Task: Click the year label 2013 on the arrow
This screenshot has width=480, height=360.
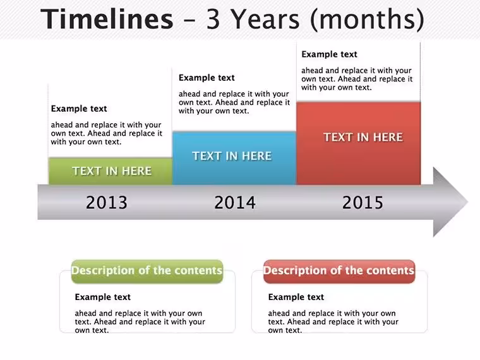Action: [x=107, y=202]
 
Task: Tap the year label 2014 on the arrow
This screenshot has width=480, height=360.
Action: [x=235, y=202]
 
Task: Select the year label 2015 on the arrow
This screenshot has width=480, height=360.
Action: [x=363, y=202]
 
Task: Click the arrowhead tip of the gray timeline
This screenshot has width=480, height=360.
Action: [x=468, y=202]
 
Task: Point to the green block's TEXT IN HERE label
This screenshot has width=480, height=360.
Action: [x=112, y=171]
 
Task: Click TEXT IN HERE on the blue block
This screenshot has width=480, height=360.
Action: [x=232, y=156]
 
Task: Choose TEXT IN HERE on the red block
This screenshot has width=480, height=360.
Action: [x=363, y=137]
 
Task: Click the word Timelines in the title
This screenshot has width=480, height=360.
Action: [x=107, y=19]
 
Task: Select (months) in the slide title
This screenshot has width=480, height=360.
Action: [x=368, y=20]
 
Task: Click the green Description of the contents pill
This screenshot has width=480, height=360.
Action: [x=147, y=271]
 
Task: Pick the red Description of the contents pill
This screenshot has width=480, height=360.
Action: [x=339, y=271]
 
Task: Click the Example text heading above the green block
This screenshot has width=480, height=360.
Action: [x=79, y=109]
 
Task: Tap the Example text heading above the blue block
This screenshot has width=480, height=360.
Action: [x=207, y=78]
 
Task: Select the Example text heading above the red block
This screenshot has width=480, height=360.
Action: [x=330, y=54]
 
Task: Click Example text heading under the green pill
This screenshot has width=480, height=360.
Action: [x=102, y=297]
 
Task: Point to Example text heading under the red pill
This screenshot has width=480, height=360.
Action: [x=296, y=297]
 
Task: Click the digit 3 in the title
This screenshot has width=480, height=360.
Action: [x=213, y=20]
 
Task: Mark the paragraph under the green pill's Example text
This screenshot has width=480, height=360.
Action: [x=140, y=321]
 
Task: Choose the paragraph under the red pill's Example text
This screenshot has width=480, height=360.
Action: [x=333, y=321]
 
